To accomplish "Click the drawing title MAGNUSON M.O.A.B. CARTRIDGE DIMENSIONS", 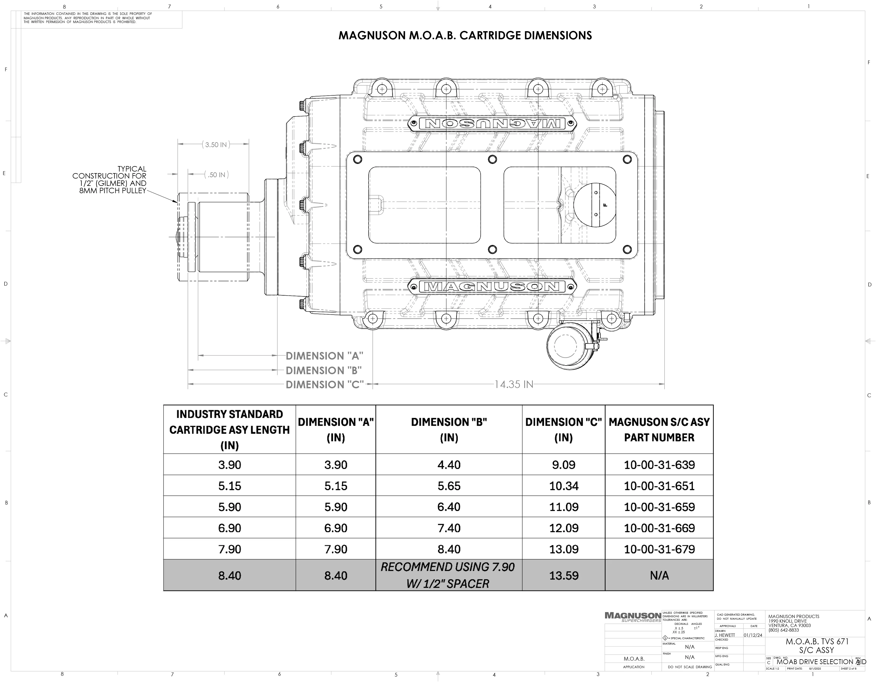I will [x=465, y=36].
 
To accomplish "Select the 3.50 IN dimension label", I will [x=216, y=145].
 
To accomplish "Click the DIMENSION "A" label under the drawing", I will [x=324, y=356].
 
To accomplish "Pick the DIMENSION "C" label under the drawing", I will [x=324, y=385].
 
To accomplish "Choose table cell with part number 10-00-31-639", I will [x=659, y=465].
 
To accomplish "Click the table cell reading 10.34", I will [x=564, y=486].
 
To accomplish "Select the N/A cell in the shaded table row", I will [x=659, y=576].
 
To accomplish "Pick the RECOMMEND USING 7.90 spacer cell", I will [x=448, y=576].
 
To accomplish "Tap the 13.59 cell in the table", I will [x=564, y=576].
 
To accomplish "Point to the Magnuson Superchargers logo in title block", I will [x=632, y=617].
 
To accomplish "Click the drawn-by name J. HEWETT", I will [x=725, y=635].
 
